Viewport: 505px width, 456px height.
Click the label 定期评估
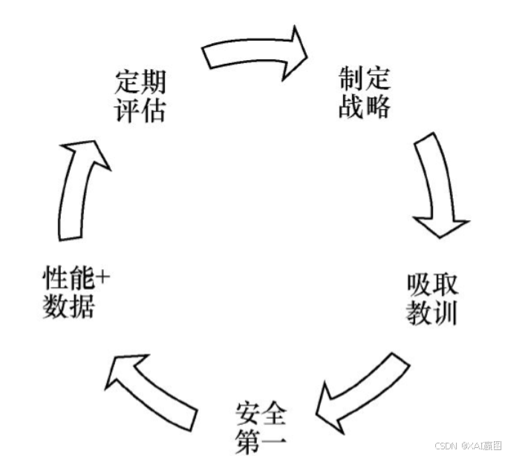click(140, 96)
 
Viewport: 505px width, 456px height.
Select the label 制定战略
click(365, 93)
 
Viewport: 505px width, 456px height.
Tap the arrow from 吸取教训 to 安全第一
click(360, 394)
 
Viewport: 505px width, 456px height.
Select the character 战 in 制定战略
click(351, 107)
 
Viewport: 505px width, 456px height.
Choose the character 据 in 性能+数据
click(82, 306)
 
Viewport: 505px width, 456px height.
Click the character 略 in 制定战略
click(377, 107)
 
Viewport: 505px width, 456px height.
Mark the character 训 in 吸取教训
click(445, 313)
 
